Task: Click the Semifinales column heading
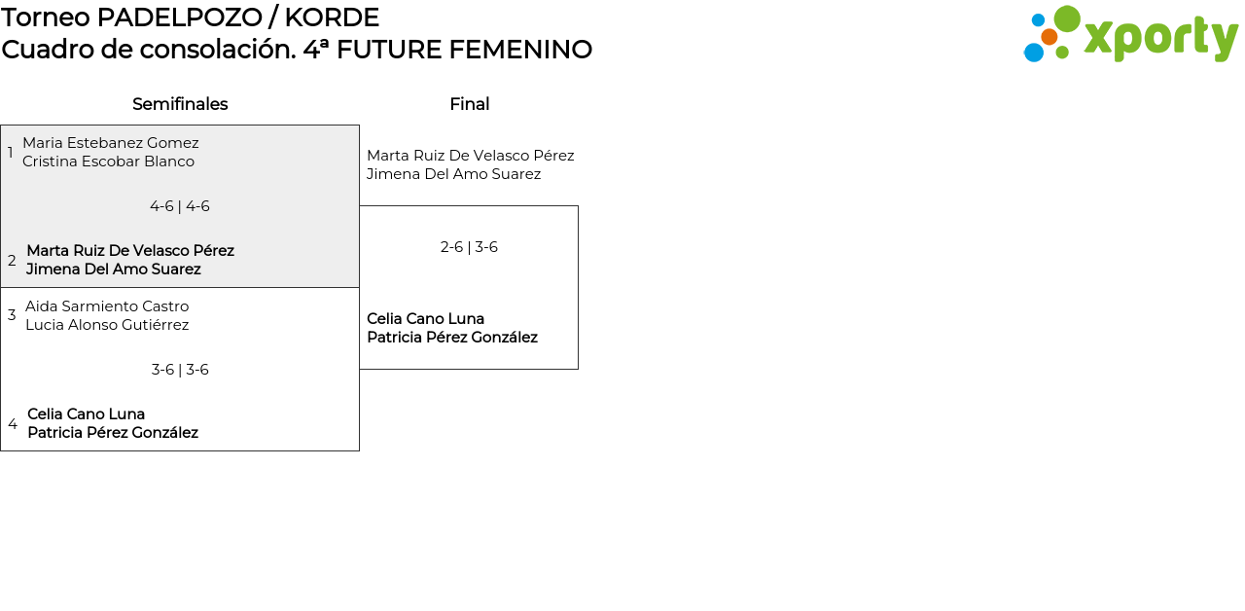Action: tap(180, 104)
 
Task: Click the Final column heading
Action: tap(469, 104)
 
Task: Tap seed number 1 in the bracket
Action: tap(11, 153)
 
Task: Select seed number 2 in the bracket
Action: tap(12, 261)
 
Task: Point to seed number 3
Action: tap(12, 315)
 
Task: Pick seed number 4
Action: tap(13, 424)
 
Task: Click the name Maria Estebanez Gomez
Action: tap(110, 143)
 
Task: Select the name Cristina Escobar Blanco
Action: tap(108, 162)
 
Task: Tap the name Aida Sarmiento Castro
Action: tap(107, 306)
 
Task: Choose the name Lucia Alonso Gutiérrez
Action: tap(107, 325)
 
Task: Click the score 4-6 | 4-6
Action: tap(180, 206)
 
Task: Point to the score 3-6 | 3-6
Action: tap(180, 370)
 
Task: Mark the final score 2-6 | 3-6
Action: tap(469, 247)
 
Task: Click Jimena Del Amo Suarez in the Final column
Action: tap(453, 174)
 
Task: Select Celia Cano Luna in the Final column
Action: tap(425, 319)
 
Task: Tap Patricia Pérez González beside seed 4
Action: tap(113, 433)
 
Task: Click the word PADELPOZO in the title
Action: tap(179, 18)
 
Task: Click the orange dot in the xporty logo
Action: tap(1049, 37)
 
